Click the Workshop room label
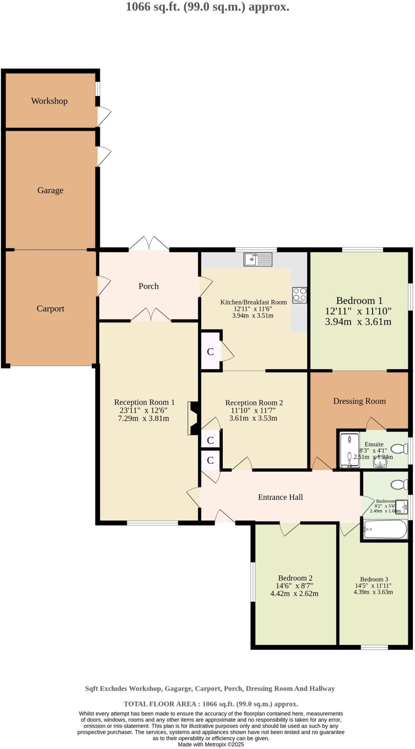click(x=49, y=101)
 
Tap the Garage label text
click(x=50, y=190)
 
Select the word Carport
click(x=50, y=309)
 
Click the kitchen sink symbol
click(x=258, y=259)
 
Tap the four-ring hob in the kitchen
click(x=300, y=295)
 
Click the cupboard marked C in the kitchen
click(x=210, y=351)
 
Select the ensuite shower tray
click(x=350, y=450)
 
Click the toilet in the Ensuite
click(x=400, y=448)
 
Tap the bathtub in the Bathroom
click(x=385, y=529)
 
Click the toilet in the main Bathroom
click(x=400, y=485)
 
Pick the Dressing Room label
click(x=359, y=401)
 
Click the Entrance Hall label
click(x=281, y=497)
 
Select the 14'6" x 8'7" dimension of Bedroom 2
click(x=295, y=586)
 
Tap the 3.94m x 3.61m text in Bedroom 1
click(x=358, y=322)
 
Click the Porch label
click(x=149, y=286)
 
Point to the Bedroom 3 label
click(x=374, y=579)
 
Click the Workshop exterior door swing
click(x=104, y=116)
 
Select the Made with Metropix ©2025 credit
click(x=211, y=744)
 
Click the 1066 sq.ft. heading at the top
click(x=207, y=7)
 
